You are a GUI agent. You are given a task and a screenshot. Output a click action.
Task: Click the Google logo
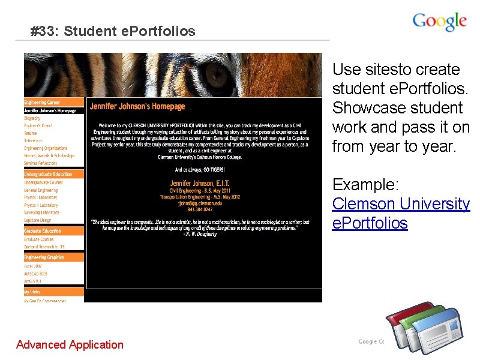439,22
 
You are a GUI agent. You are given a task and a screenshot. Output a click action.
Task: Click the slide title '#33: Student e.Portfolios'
113,31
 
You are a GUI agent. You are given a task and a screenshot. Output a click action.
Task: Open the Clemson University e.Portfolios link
401,214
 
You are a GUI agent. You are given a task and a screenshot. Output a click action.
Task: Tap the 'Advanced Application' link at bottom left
70,344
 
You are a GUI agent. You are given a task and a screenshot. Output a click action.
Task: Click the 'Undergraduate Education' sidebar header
48,174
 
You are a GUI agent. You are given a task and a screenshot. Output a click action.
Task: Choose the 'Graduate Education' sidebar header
43,231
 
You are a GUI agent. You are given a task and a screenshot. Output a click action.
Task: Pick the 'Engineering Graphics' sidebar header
44,257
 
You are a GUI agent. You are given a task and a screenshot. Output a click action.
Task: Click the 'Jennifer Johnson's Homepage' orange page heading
137,107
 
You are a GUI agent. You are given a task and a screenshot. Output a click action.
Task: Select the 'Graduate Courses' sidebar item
39,239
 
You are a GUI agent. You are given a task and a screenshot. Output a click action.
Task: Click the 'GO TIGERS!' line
199,170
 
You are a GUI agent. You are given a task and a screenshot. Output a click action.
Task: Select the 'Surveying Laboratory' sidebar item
42,212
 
